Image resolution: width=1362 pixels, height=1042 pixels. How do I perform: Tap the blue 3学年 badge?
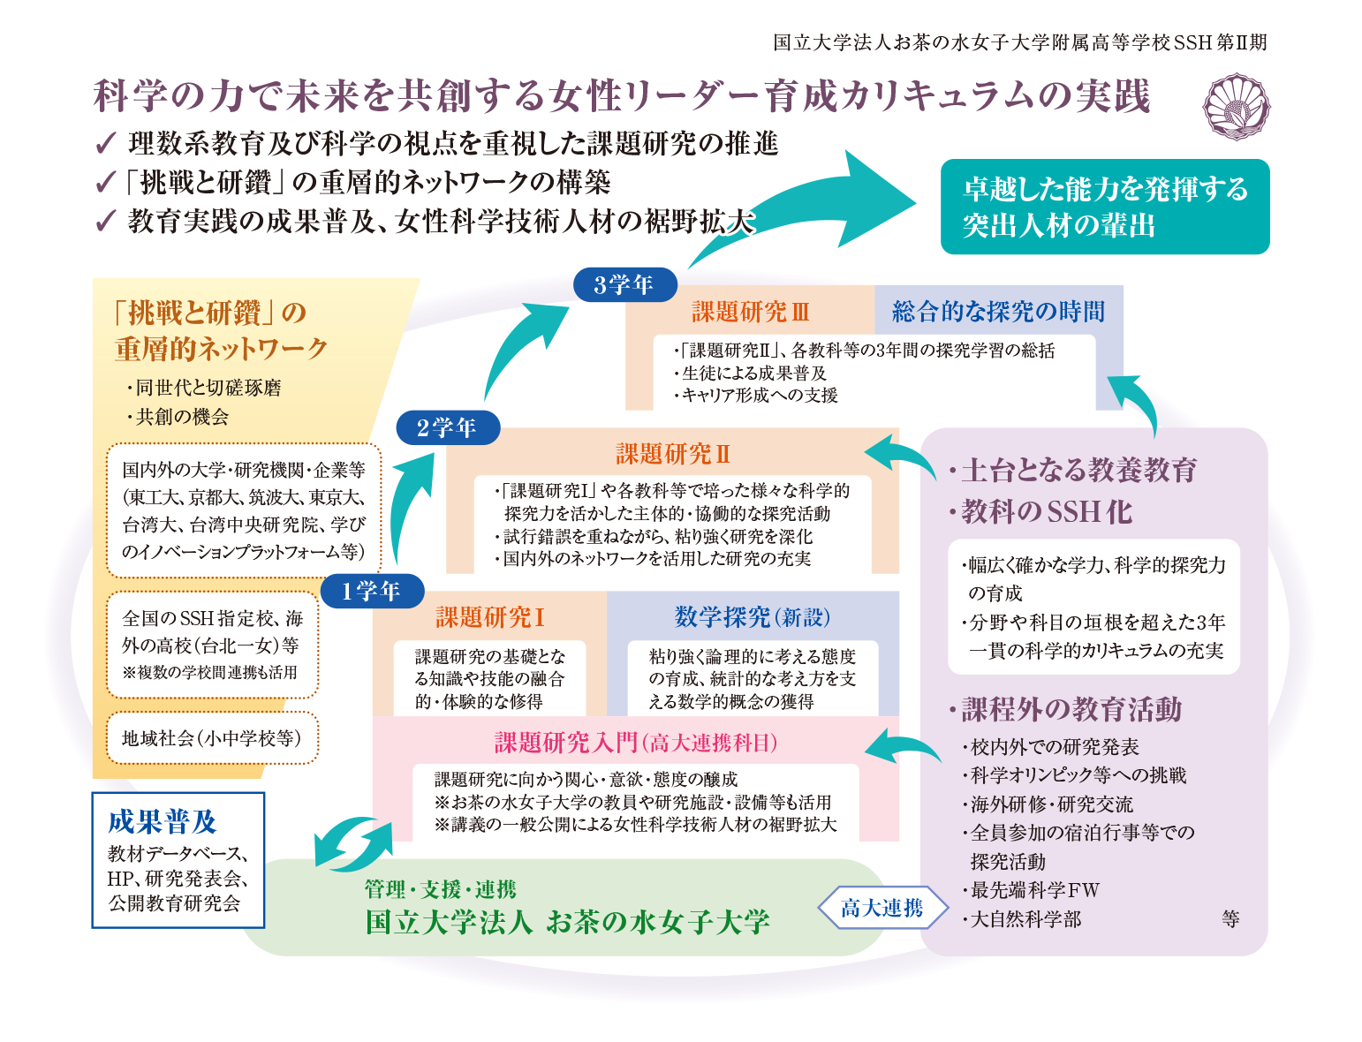pos(624,284)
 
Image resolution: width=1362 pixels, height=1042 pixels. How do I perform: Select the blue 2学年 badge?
pos(447,427)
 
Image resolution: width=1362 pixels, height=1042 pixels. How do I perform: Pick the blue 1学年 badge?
pos(372,591)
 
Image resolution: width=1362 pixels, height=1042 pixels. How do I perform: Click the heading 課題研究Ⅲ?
pos(750,312)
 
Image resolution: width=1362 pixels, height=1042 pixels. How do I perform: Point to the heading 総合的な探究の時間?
pos(998,312)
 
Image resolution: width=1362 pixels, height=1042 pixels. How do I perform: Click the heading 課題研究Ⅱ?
pos(673,454)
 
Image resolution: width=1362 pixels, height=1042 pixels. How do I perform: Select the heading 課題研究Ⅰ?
pos(489,616)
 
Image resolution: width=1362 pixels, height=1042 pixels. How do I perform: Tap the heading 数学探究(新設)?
pos(752,616)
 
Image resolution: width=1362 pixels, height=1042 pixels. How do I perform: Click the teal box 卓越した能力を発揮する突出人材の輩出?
pos(1104,207)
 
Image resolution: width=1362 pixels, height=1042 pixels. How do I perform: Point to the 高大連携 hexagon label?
pos(882,908)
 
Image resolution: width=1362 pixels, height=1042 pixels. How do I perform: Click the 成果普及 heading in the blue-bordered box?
pos(162,821)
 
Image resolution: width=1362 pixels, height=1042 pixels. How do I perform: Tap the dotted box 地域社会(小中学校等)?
pos(211,738)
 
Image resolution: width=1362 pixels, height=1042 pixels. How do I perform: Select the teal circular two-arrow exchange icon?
pos(353,843)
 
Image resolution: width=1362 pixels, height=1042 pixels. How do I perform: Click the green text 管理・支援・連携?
pos(441,889)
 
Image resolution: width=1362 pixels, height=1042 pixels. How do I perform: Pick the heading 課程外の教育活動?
pos(1071,709)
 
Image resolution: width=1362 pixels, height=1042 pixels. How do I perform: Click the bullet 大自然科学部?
pos(1025,919)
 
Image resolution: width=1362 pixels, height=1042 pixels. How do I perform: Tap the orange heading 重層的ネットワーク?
pos(221,349)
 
